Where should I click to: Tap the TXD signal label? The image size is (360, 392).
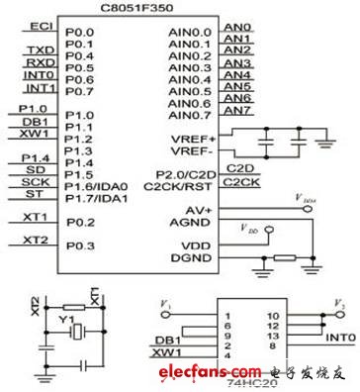tap(40, 49)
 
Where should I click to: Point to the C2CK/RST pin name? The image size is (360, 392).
tap(181, 185)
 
